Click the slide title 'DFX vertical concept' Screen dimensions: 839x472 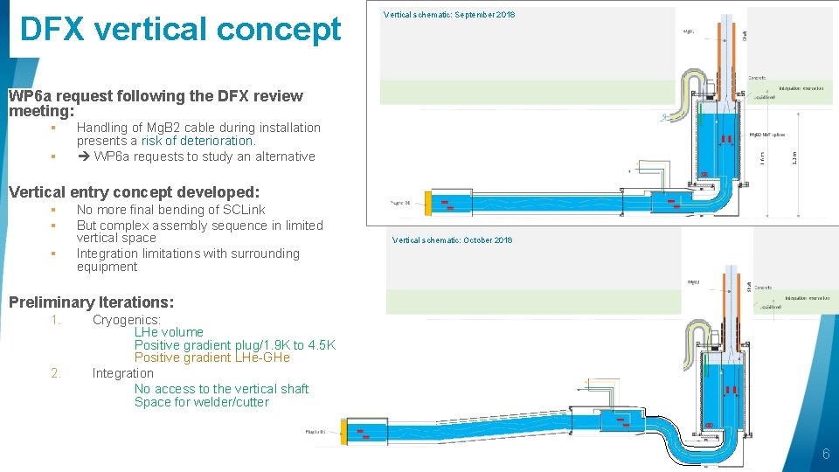click(x=180, y=30)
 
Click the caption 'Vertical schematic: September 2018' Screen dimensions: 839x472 click(x=449, y=15)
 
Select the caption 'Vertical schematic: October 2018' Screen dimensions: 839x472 click(x=452, y=240)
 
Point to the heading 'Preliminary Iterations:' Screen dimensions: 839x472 click(x=91, y=302)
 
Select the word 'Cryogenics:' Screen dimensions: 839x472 click(x=127, y=320)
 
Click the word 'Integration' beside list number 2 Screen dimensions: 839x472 click(x=122, y=373)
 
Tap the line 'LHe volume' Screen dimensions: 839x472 click(x=169, y=332)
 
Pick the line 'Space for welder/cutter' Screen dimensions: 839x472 click(x=201, y=402)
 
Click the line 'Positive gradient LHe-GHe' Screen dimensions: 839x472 click(x=211, y=357)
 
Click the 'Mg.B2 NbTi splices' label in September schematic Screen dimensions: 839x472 click(x=767, y=135)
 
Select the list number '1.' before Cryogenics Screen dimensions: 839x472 click(x=56, y=320)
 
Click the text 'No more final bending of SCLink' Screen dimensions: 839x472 click(x=170, y=210)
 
